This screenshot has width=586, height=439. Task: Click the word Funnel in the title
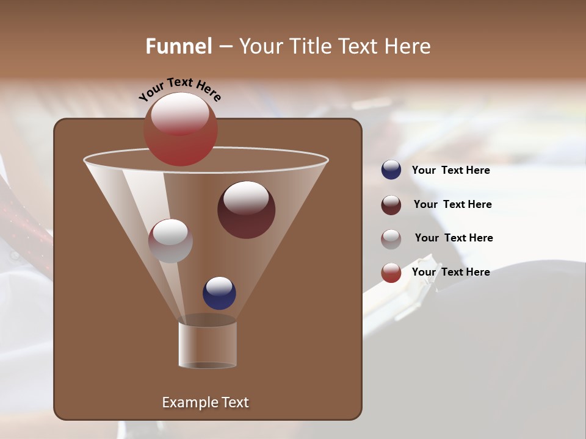coord(178,46)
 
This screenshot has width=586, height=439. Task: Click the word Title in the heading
coord(311,46)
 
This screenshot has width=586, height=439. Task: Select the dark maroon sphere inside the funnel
coord(247,210)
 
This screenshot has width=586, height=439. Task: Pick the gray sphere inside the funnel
coord(170,241)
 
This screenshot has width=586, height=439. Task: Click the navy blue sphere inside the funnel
coord(219,293)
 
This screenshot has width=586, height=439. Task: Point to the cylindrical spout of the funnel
coord(208,344)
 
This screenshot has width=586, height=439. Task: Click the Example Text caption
coord(205,402)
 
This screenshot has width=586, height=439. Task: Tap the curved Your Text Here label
coord(180,90)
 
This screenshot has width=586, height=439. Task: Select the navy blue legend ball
coord(391,170)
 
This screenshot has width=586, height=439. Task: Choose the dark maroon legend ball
coord(391,205)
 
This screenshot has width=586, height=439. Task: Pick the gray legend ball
coord(391,239)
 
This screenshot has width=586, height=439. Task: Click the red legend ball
coord(391,273)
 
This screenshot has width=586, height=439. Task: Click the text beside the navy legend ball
coord(450,171)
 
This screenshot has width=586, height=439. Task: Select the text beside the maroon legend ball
coord(452,205)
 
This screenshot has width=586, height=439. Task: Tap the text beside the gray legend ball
coord(454,238)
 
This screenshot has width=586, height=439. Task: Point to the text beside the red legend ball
coord(450,272)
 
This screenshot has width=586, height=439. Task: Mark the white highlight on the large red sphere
coord(180,115)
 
